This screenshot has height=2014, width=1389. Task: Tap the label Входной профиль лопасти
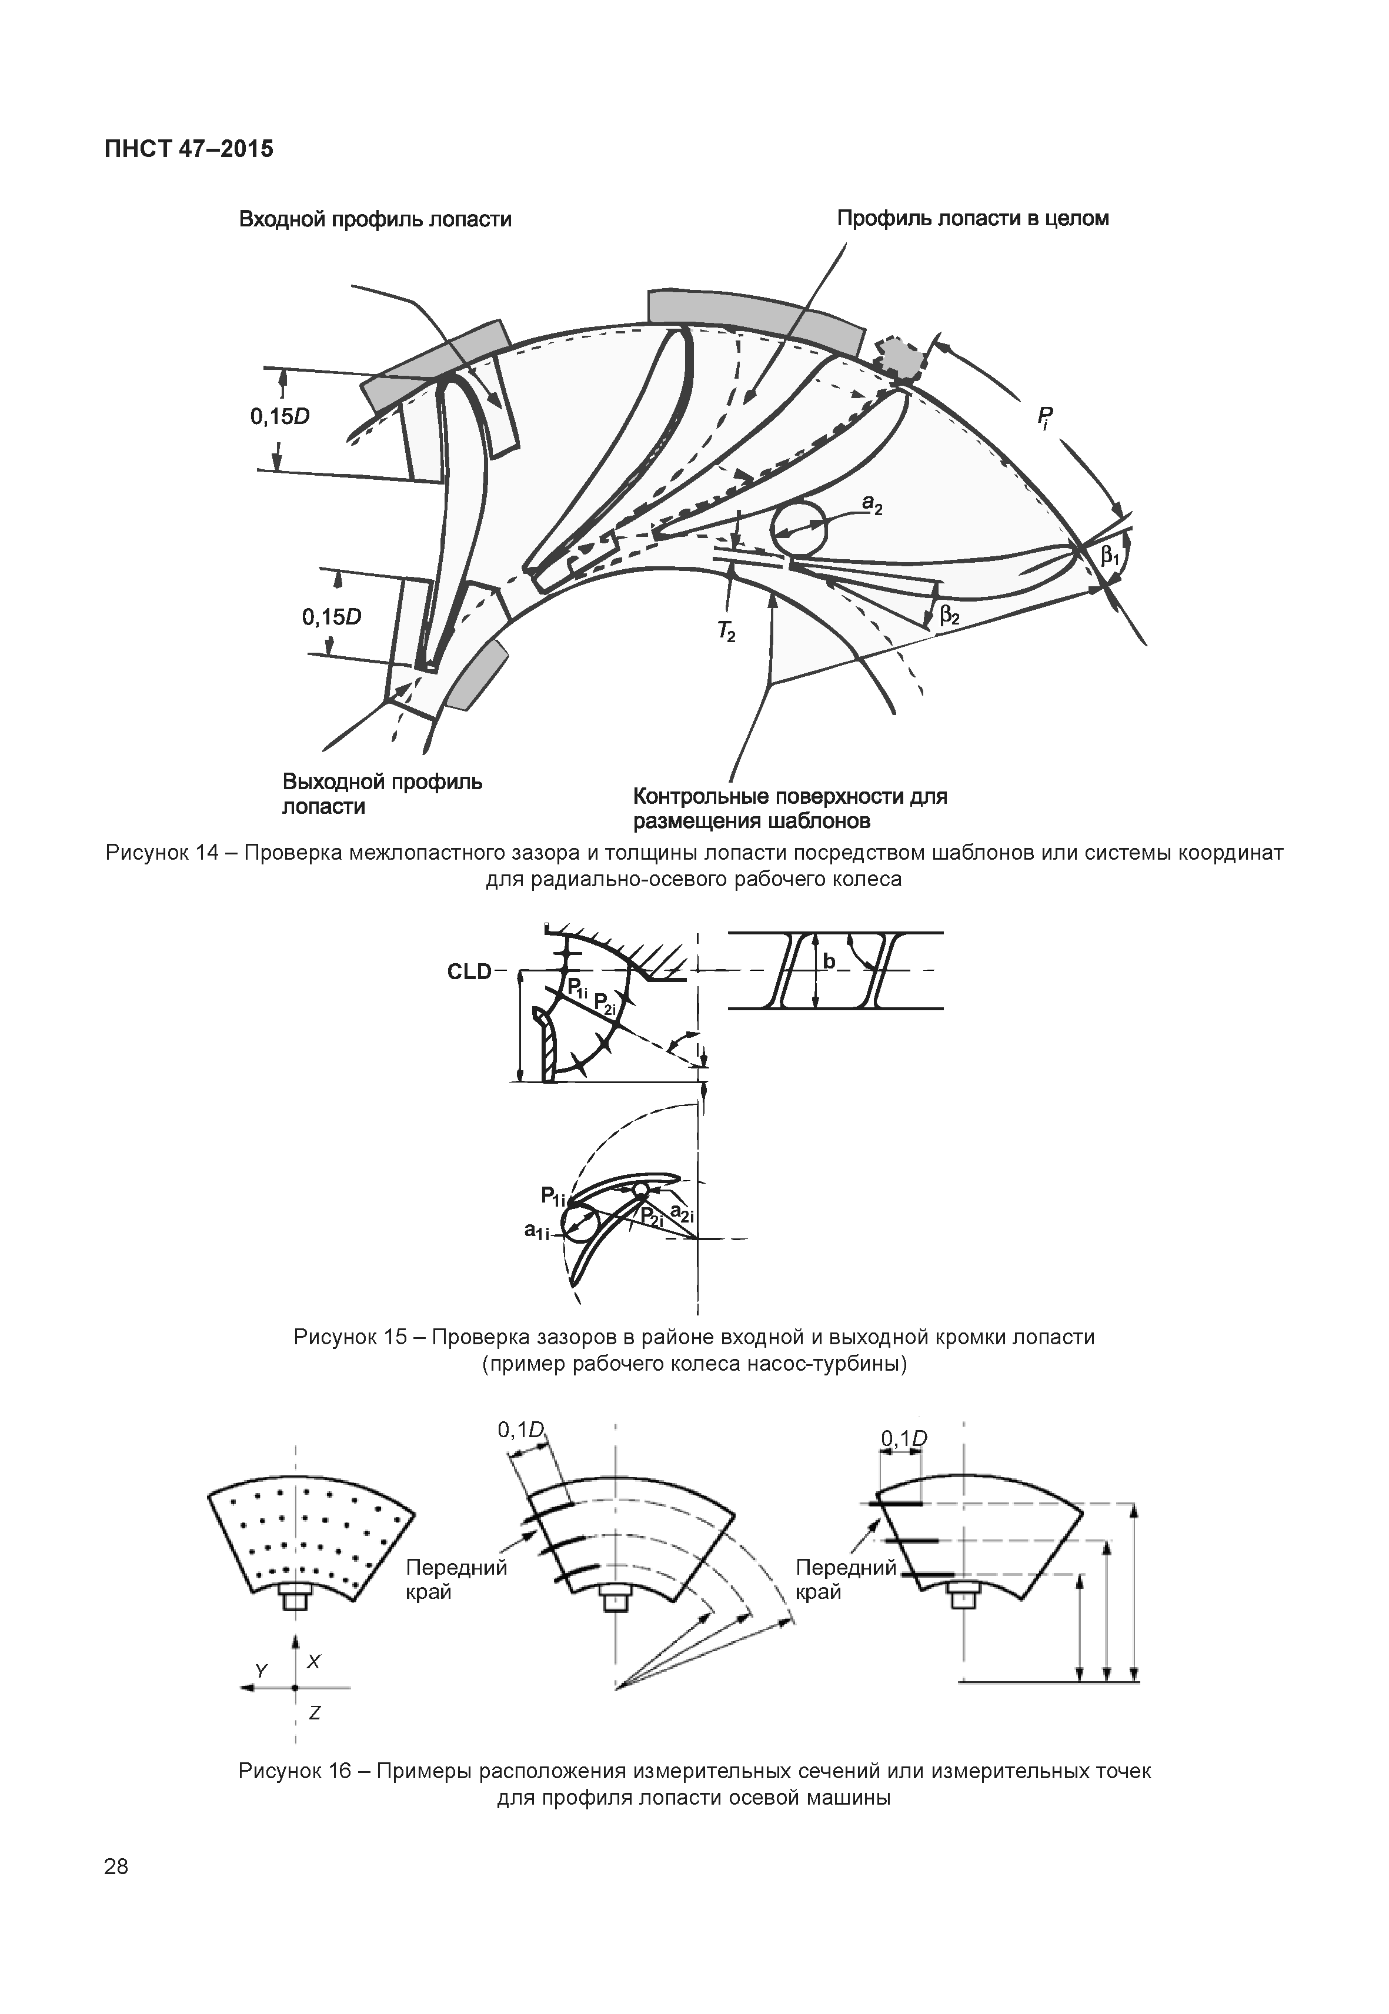point(375,219)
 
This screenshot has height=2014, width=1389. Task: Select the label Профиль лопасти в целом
point(972,219)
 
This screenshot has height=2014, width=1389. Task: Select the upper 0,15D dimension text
point(281,417)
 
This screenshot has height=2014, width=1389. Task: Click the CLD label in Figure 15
point(469,972)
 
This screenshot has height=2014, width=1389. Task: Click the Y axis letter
point(261,1670)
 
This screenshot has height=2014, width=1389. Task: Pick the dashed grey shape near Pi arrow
point(901,358)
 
